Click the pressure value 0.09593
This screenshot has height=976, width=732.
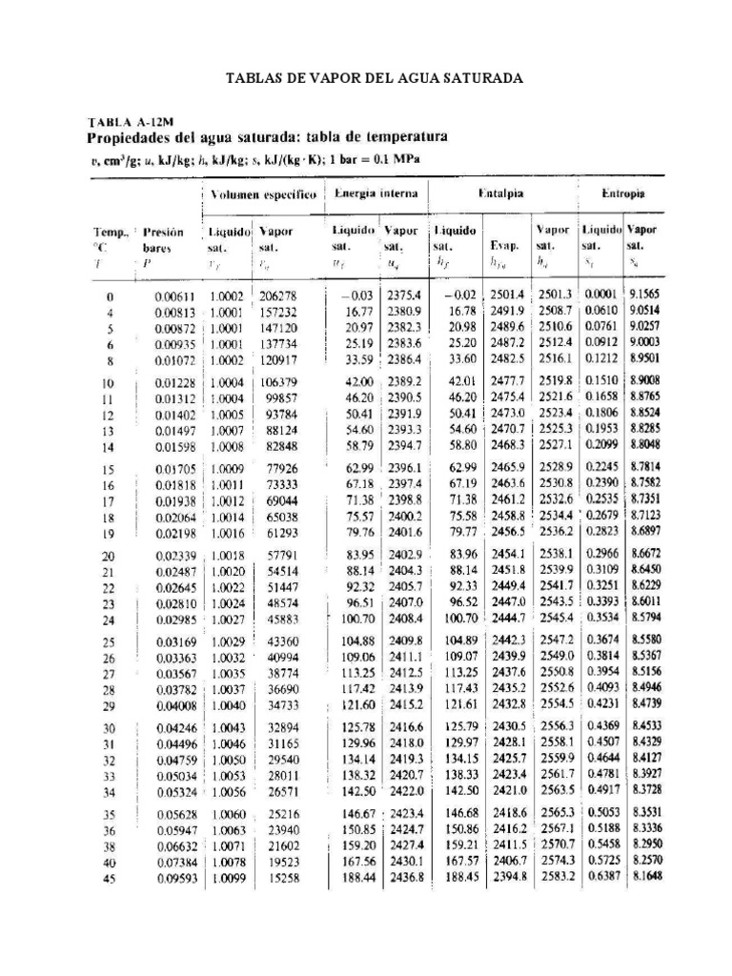(175, 878)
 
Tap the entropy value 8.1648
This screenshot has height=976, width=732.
(644, 877)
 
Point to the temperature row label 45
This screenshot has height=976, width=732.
(109, 879)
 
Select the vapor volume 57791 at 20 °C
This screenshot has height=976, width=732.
(280, 556)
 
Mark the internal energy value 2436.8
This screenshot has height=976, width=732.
(404, 877)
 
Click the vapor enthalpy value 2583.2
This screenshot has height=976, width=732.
(554, 877)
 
